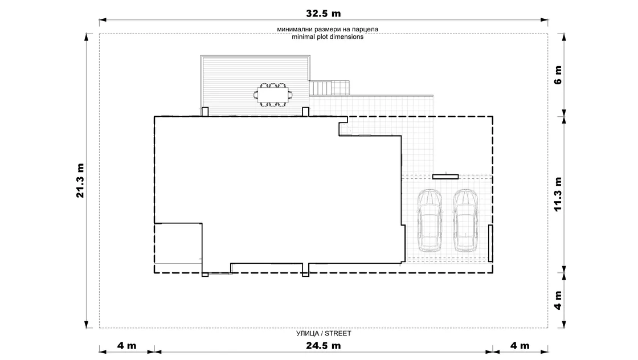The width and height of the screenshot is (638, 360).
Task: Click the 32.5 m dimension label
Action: pyautogui.click(x=324, y=14)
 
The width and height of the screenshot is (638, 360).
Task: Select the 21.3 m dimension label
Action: pyautogui.click(x=80, y=181)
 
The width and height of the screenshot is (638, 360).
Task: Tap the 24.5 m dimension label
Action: pyautogui.click(x=324, y=346)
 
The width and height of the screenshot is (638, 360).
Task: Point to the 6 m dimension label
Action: pyautogui.click(x=558, y=75)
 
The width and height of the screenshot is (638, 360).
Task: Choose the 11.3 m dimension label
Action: pyautogui.click(x=558, y=194)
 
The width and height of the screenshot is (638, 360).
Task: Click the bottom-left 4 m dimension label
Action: pyautogui.click(x=127, y=346)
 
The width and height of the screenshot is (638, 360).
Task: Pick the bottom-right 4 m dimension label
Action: pyautogui.click(x=520, y=346)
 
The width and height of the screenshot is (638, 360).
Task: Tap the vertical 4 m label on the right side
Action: pyautogui.click(x=558, y=300)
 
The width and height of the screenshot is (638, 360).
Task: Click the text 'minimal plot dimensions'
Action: pyautogui.click(x=328, y=36)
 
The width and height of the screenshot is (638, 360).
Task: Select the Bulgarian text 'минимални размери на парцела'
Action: pyautogui.click(x=328, y=29)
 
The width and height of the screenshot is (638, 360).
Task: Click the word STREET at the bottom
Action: pyautogui.click(x=338, y=334)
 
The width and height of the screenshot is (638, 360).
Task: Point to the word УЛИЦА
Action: pyautogui.click(x=307, y=334)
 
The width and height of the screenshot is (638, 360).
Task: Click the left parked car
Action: pyautogui.click(x=430, y=220)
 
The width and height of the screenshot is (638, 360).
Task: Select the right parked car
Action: pyautogui.click(x=465, y=220)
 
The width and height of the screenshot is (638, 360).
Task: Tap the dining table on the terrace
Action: pyautogui.click(x=273, y=95)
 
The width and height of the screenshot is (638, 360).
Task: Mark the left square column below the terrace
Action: pyautogui.click(x=205, y=112)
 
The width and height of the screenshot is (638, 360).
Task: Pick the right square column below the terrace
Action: pyautogui.click(x=305, y=112)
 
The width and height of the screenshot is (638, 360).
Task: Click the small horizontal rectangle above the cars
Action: pyautogui.click(x=445, y=177)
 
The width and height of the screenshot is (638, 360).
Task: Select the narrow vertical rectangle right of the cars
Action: pyautogui.click(x=490, y=243)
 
